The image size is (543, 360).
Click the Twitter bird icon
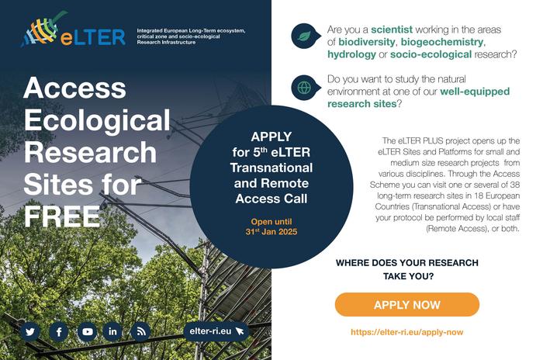[x=30, y=331]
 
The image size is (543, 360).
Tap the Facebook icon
[x=58, y=331]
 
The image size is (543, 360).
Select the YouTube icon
[x=87, y=331]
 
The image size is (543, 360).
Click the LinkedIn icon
[x=113, y=331]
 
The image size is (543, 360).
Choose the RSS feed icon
[x=140, y=331]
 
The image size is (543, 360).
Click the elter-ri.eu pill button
[x=216, y=331]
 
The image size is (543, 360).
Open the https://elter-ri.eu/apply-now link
[x=406, y=331]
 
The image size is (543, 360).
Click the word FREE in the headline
[x=62, y=216]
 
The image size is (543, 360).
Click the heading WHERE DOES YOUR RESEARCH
[x=406, y=263]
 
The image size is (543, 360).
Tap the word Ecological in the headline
[x=97, y=120]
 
